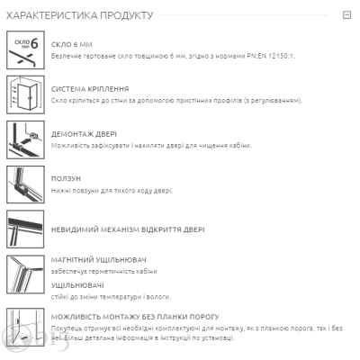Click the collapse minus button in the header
tap(346, 14)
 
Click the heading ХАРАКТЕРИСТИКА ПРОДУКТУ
tap(80, 15)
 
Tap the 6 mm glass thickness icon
tap(25, 49)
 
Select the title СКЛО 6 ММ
tap(72, 45)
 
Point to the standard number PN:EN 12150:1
tap(271, 56)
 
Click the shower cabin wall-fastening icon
tap(25, 94)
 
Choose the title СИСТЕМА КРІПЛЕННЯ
tap(90, 89)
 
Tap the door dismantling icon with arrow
tap(25, 139)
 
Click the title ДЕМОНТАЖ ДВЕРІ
tap(84, 134)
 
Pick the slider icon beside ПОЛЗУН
tap(25, 184)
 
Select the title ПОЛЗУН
tap(66, 178)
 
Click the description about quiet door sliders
tap(112, 191)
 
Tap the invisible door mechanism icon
tap(25, 229)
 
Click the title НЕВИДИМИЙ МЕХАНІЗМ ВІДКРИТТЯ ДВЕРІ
tap(128, 229)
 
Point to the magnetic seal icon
tap(25, 274)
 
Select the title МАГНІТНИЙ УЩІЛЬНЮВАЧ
tap(99, 260)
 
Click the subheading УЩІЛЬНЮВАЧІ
tap(77, 285)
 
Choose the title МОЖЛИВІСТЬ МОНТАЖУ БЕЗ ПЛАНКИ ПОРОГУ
tap(135, 317)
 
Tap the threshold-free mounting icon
tap(25, 327)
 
